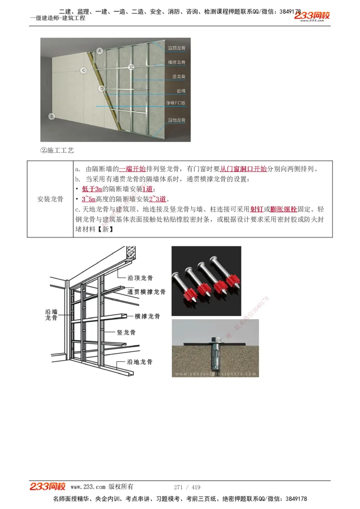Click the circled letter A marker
click(100, 51)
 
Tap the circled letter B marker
click(52, 116)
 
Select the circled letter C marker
click(84, 70)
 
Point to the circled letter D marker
click(102, 89)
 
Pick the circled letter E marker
click(131, 67)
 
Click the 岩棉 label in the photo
click(181, 91)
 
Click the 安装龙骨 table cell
click(50, 199)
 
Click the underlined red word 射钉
click(256, 209)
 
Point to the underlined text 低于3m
click(92, 189)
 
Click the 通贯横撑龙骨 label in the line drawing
click(146, 292)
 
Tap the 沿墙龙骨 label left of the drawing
click(51, 314)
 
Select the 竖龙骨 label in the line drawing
click(126, 333)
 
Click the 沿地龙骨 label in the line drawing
click(139, 362)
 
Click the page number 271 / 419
click(187, 487)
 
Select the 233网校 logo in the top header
click(312, 16)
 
